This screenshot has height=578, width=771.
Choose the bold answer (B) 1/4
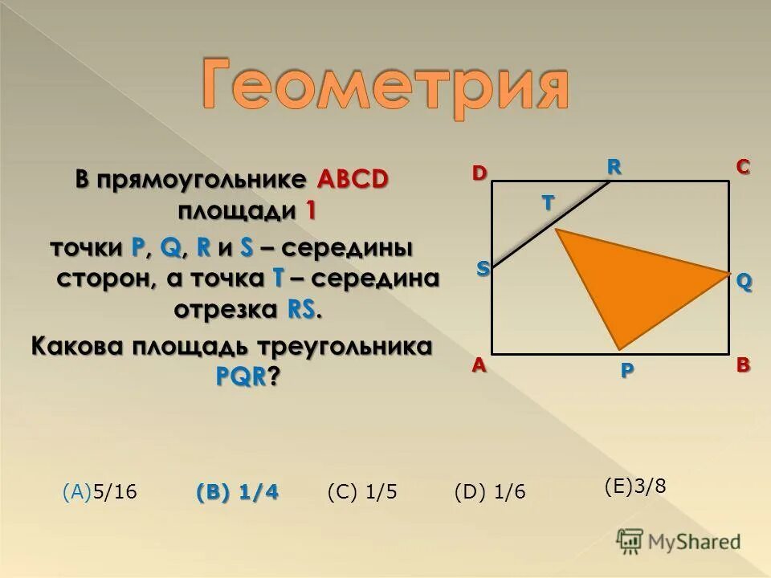coord(237,492)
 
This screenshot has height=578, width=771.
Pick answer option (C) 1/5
coord(362,492)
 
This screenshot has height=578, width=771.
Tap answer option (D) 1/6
coord(490,492)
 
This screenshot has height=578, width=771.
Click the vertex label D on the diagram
coord(479,173)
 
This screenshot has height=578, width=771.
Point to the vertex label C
coord(742,167)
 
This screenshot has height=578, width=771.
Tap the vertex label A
coord(479,364)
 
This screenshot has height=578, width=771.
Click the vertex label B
coord(743,364)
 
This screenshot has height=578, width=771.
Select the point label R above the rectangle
coord(614,166)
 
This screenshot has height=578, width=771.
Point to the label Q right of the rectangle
coord(744,282)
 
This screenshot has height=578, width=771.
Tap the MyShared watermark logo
coord(679,540)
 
